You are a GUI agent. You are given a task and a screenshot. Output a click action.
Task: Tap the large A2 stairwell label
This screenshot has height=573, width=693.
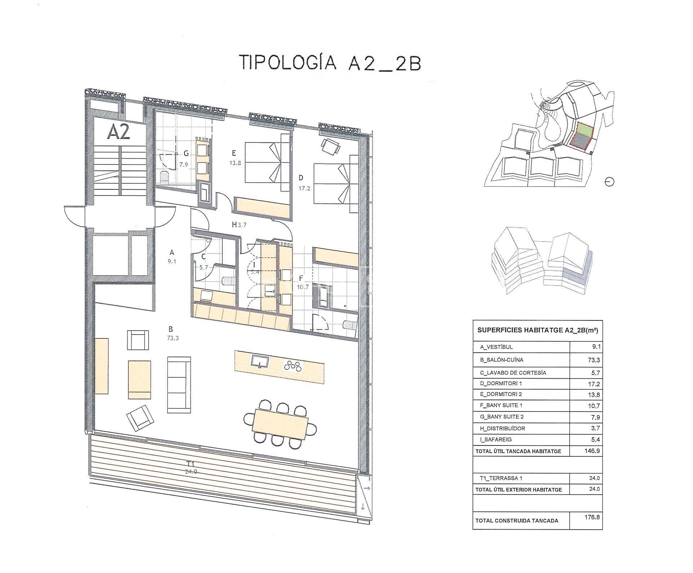click(118, 133)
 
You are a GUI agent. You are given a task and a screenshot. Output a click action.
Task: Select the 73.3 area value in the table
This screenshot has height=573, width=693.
click(593, 360)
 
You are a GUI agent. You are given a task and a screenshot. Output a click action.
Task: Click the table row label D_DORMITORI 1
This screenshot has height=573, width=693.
click(501, 383)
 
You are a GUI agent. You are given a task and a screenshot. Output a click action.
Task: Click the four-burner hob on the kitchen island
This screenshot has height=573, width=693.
click(292, 366)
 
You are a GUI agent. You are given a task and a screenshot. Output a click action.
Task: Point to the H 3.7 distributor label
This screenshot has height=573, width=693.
click(239, 225)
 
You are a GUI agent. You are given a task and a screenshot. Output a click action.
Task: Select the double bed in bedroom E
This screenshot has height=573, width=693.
click(263, 162)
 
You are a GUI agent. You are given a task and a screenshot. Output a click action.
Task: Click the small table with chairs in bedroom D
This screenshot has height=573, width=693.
click(331, 146)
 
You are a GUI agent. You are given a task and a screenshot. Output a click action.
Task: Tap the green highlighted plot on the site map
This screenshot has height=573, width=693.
click(584, 129)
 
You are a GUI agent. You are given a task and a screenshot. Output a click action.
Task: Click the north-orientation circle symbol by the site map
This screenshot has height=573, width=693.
click(609, 182)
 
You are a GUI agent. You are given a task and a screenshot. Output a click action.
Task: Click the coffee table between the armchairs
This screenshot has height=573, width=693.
click(139, 379)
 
